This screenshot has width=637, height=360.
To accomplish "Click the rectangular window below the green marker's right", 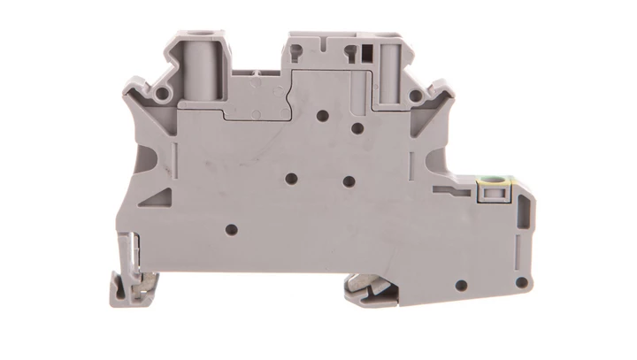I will coord(509,212).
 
